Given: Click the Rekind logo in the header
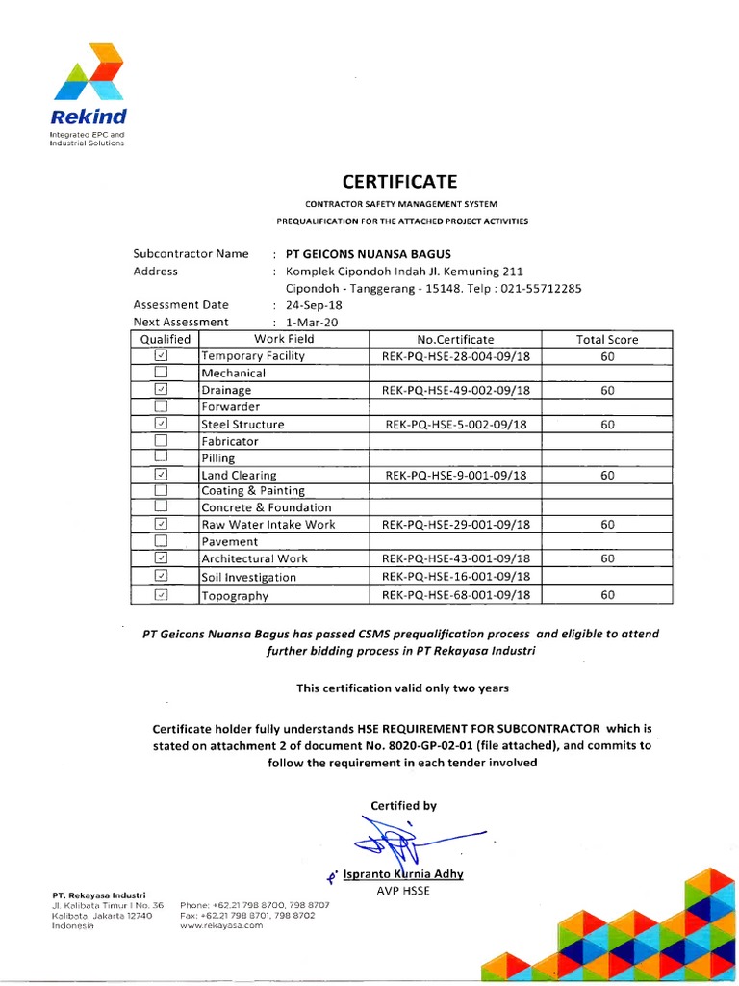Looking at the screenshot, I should (x=89, y=91).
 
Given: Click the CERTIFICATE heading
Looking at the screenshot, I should (x=402, y=181).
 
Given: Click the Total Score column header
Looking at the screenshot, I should (x=607, y=339).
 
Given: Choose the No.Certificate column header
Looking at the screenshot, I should (x=455, y=339).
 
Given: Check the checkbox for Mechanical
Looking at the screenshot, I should (x=161, y=373).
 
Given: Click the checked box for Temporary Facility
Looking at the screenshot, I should (x=161, y=356).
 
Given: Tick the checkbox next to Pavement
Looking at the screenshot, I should (x=161, y=541).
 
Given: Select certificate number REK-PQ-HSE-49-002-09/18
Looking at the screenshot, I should (x=456, y=390).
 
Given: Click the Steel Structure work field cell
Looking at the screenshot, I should (x=242, y=424).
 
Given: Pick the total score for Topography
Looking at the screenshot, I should (x=607, y=595).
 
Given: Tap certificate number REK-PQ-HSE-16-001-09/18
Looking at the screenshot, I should (x=456, y=576).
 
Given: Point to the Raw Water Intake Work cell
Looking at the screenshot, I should (x=268, y=525).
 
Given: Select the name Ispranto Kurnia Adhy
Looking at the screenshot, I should (x=403, y=874).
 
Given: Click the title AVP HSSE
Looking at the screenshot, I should (x=404, y=890).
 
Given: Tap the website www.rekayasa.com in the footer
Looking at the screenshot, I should (x=220, y=924).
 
